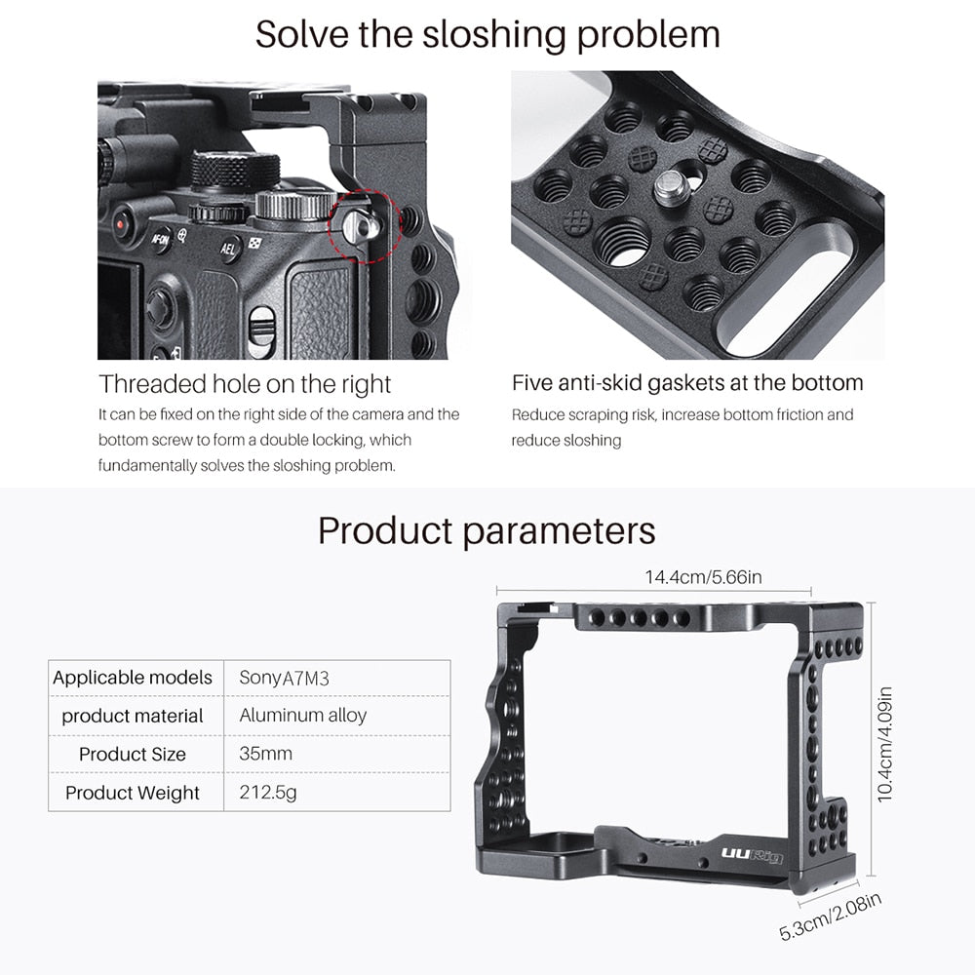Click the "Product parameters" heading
pyautogui.click(x=487, y=531)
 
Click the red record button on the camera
pyautogui.click(x=122, y=224)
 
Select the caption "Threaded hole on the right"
pyautogui.click(x=245, y=383)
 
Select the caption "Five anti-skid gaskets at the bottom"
pyautogui.click(x=687, y=383)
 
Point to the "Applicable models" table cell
pyautogui.click(x=133, y=678)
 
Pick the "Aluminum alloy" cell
pyautogui.click(x=303, y=716)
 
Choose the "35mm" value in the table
pyautogui.click(x=265, y=754)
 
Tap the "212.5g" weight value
pyautogui.click(x=268, y=792)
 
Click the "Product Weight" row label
pyautogui.click(x=133, y=792)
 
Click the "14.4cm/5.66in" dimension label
pyautogui.click(x=702, y=577)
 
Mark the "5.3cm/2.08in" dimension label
pyautogui.click(x=831, y=916)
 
